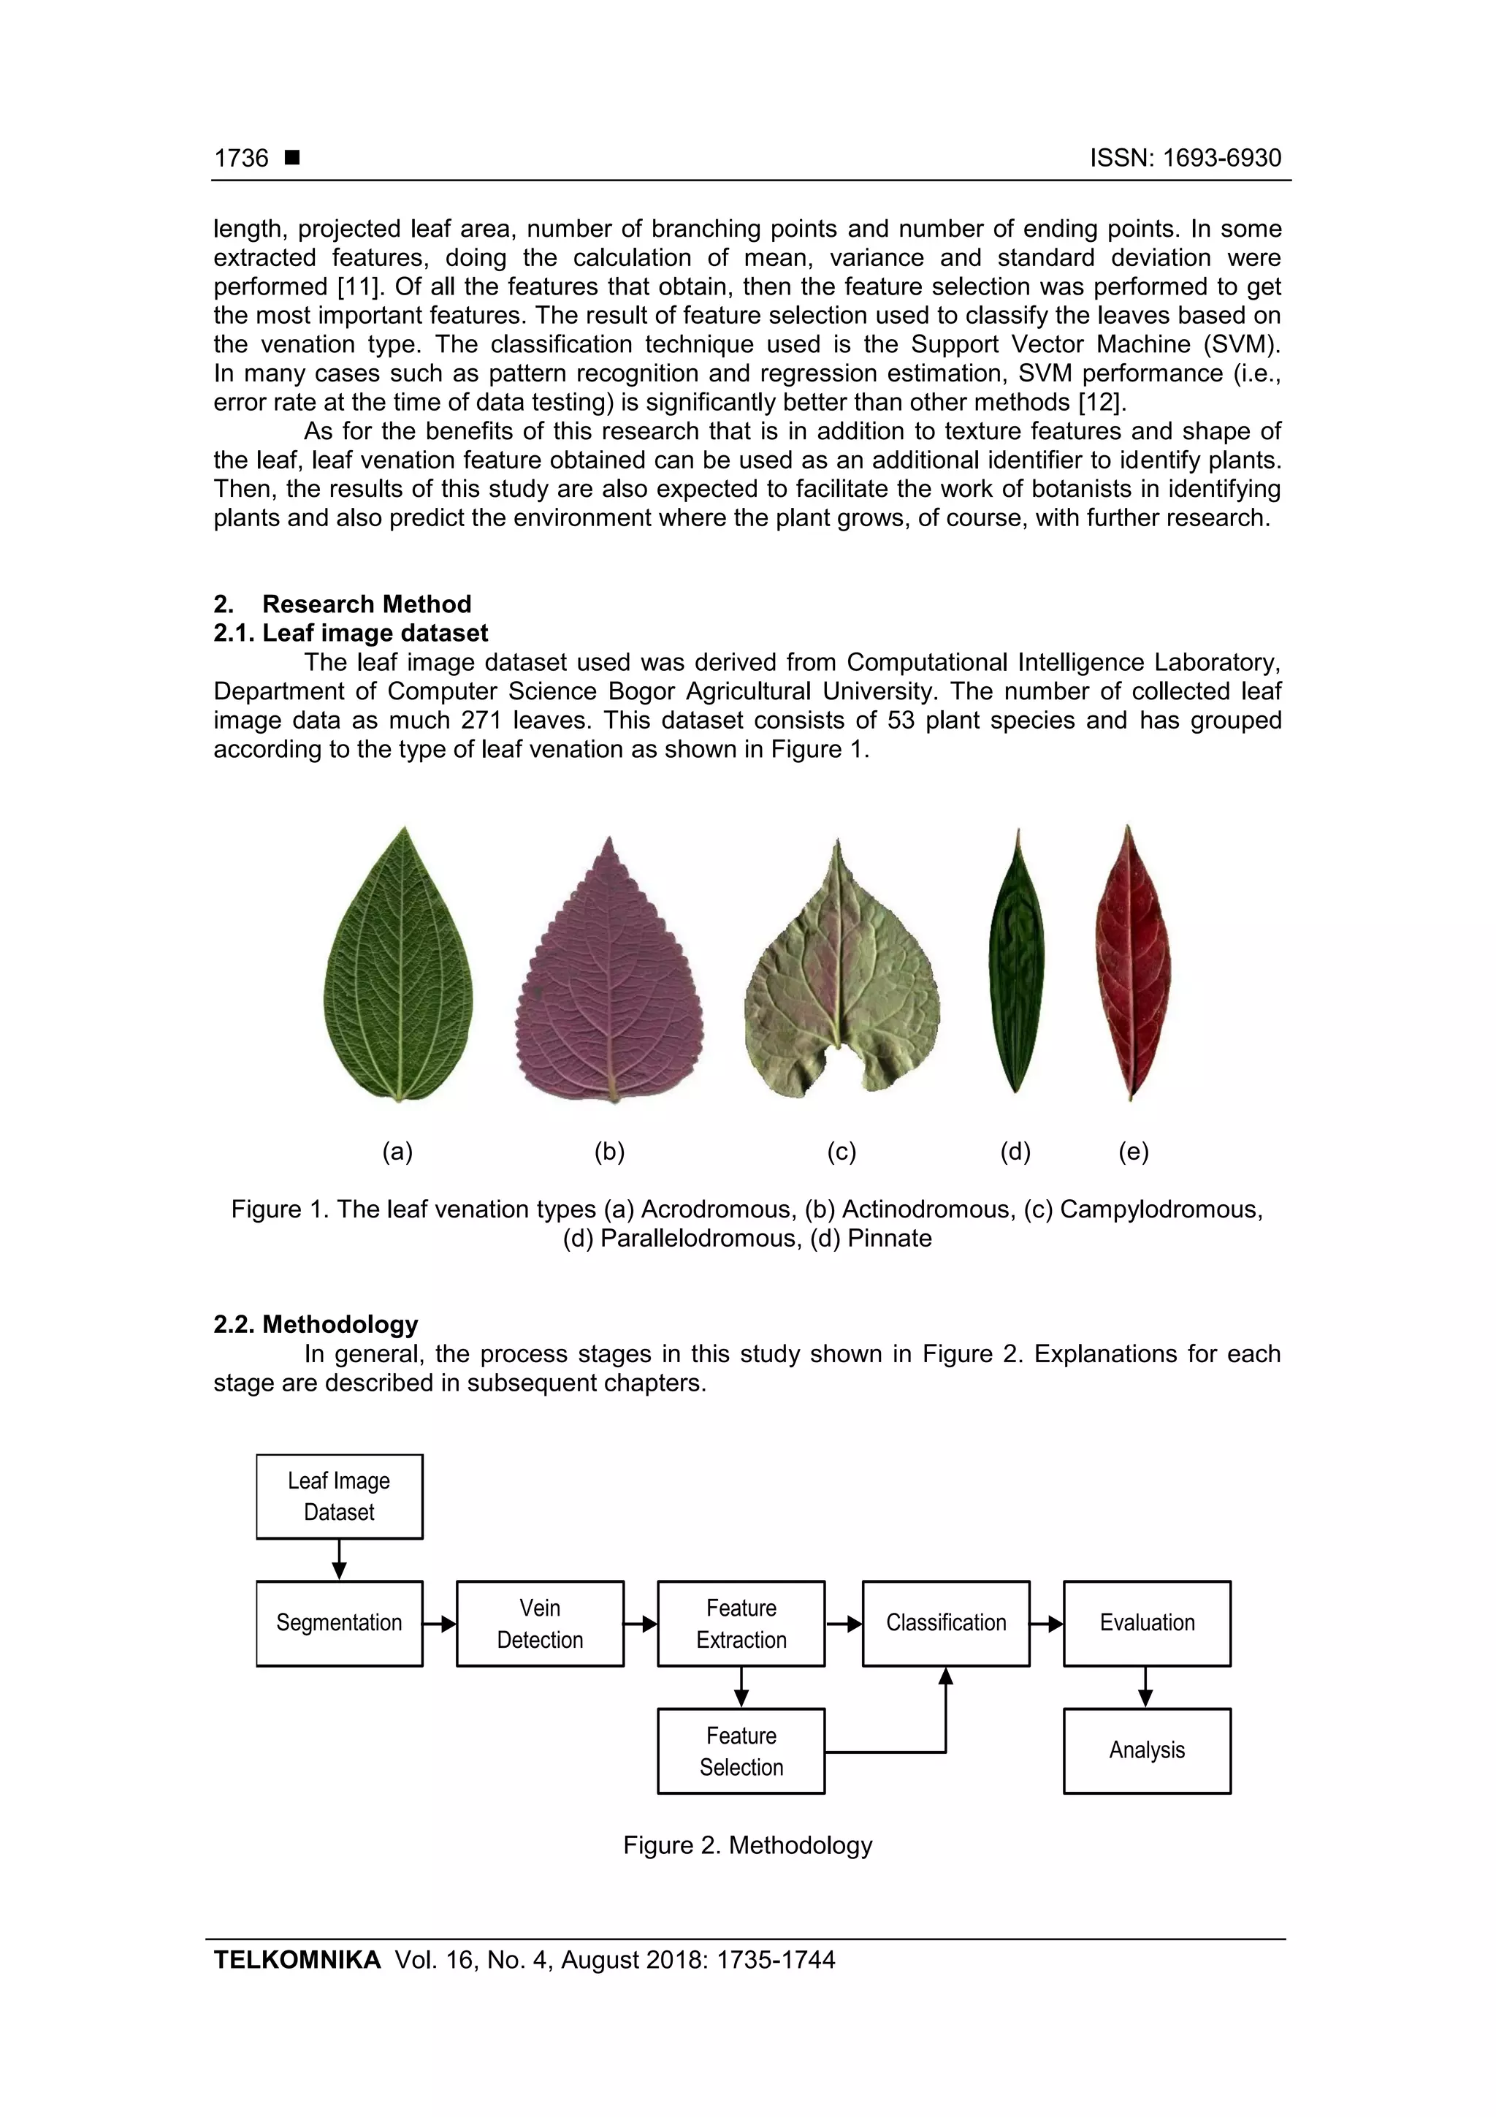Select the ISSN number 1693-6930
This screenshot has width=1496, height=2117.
coord(1221,158)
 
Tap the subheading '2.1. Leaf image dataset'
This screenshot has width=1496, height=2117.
coord(351,633)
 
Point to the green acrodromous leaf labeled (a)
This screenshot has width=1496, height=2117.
coord(398,968)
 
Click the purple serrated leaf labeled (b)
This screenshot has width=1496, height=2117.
coord(609,977)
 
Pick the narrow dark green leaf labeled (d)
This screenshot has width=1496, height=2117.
coord(1016,964)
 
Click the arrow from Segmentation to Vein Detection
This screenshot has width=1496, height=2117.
coord(440,1624)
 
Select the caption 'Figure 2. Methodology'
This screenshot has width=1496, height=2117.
coord(747,1845)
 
